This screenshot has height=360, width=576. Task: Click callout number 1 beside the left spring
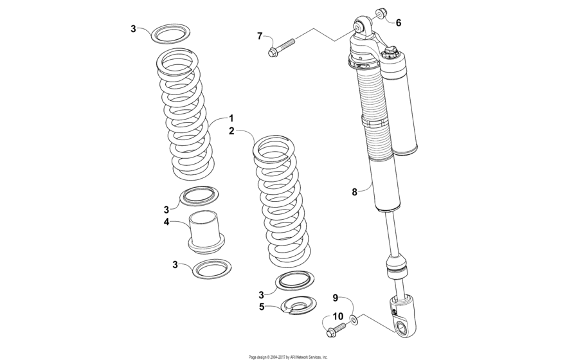pyautogui.click(x=230, y=118)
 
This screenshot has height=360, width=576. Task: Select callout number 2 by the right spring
pyautogui.click(x=230, y=130)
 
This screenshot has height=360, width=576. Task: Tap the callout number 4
pyautogui.click(x=166, y=222)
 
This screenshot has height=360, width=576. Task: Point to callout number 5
pyautogui.click(x=261, y=307)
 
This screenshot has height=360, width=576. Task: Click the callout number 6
pyautogui.click(x=398, y=22)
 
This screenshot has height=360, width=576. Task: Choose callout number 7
pyautogui.click(x=260, y=36)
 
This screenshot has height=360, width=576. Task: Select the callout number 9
pyautogui.click(x=335, y=298)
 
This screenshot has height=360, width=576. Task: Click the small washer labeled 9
pyautogui.click(x=354, y=319)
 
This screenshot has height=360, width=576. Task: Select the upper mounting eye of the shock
pyautogui.click(x=357, y=26)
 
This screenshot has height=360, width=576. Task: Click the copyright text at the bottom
pyautogui.click(x=287, y=356)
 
